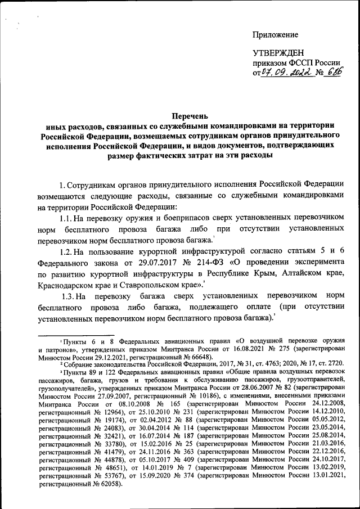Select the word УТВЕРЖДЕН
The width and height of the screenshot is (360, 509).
point(279,53)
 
